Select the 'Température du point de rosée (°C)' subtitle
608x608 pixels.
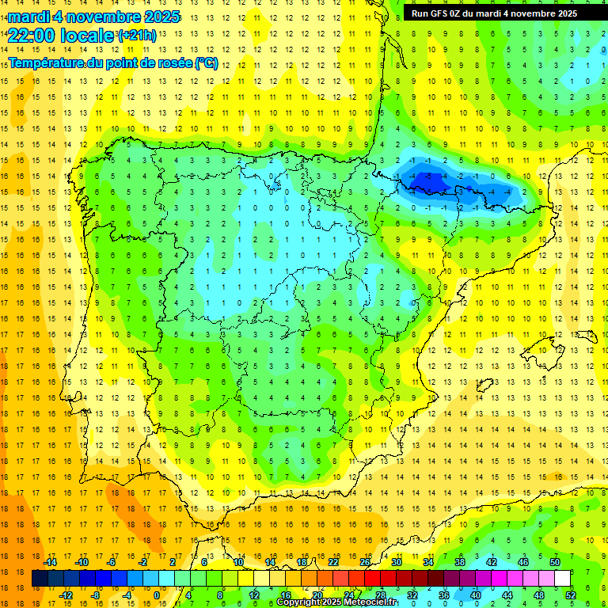click(112, 63)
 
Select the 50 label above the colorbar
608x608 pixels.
click(555, 562)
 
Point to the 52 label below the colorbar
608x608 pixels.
click(571, 595)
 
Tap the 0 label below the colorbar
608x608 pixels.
click(157, 595)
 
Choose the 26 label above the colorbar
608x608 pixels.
click(365, 562)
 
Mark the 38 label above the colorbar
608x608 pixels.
click(460, 562)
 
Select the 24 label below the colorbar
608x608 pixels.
click(349, 595)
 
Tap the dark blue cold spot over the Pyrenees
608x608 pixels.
click(428, 177)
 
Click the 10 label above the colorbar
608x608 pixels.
click(238, 562)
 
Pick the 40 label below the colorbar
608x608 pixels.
click(476, 595)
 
